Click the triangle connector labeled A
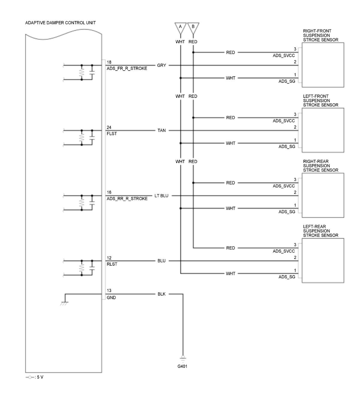(180, 28)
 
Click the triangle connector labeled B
(193, 28)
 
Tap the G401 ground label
(182, 366)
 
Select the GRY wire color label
(161, 65)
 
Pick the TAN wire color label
(161, 130)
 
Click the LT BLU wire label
(161, 196)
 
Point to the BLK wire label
(161, 294)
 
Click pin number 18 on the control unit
(109, 62)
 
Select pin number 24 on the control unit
(109, 127)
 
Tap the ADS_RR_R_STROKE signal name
(127, 199)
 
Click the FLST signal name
(112, 133)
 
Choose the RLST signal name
(112, 264)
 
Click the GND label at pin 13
(111, 297)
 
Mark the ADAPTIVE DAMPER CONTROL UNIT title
(60, 23)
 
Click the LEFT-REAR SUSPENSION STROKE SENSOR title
(320, 231)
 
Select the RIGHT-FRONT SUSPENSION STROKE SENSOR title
(320, 35)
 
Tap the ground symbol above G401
(183, 359)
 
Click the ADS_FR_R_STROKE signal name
(127, 68)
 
